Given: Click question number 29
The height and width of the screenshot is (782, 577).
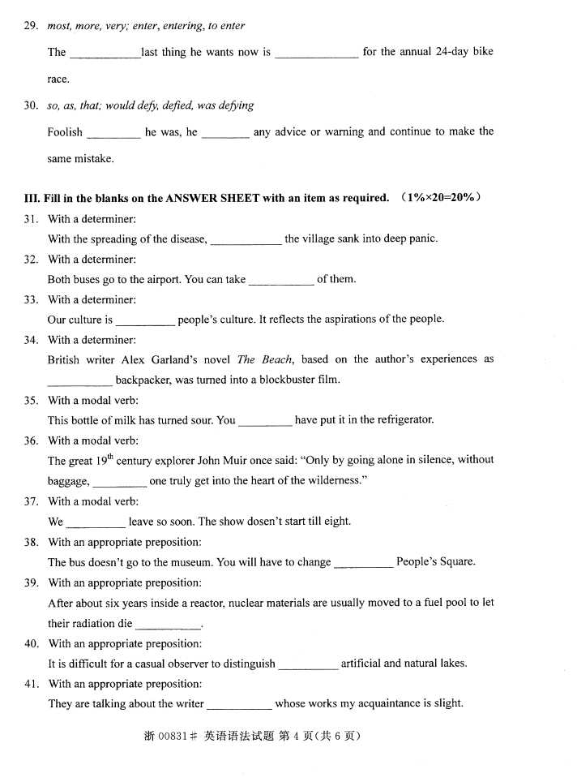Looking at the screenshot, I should click(31, 26).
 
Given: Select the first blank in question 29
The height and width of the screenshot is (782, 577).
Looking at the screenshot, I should click(105, 53).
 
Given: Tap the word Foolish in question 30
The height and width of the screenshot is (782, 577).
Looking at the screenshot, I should click(65, 131).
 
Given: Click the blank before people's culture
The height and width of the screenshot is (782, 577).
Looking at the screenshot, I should click(145, 320).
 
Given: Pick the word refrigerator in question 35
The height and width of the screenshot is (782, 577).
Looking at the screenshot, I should click(400, 419).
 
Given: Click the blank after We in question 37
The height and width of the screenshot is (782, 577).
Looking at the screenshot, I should click(96, 522).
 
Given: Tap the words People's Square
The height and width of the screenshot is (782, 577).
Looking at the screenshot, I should click(436, 561).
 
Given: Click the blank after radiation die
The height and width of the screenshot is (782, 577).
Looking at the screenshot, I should click(167, 625).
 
